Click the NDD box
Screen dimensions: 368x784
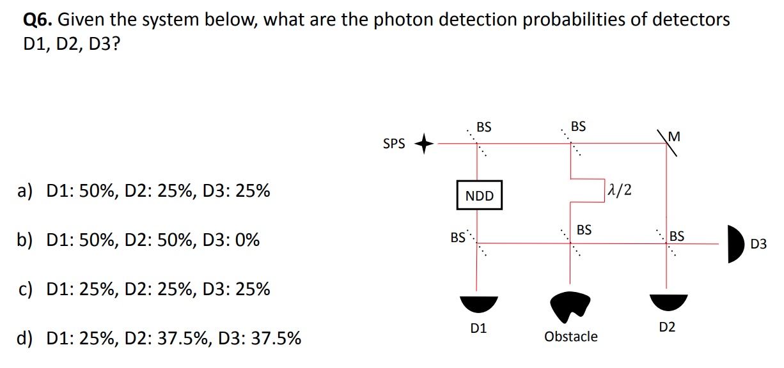480,196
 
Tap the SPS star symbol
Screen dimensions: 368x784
426,144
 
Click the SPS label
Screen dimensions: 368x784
394,144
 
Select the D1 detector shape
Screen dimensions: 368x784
478,303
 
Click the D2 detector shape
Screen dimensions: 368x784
667,303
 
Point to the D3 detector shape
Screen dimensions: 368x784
736,243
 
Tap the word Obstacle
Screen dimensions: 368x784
571,337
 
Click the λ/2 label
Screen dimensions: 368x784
618,190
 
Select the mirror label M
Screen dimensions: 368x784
673,136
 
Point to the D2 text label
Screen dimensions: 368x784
667,328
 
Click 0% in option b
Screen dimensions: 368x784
246,240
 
